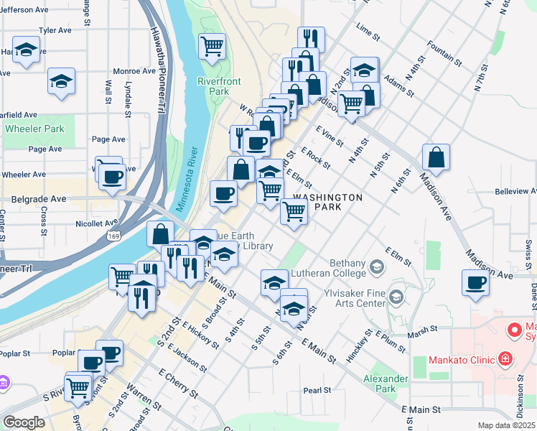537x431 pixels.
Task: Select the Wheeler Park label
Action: pos(34,129)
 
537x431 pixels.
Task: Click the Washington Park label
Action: pos(328,203)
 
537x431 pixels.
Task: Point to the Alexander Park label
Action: pos(380,384)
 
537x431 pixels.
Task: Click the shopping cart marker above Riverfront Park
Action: pos(212,47)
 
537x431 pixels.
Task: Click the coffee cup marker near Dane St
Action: pos(475,282)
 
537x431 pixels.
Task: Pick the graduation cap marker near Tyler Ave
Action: pos(27,50)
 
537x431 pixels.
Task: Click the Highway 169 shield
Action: pos(112,236)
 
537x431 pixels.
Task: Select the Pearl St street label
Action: pos(317,391)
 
